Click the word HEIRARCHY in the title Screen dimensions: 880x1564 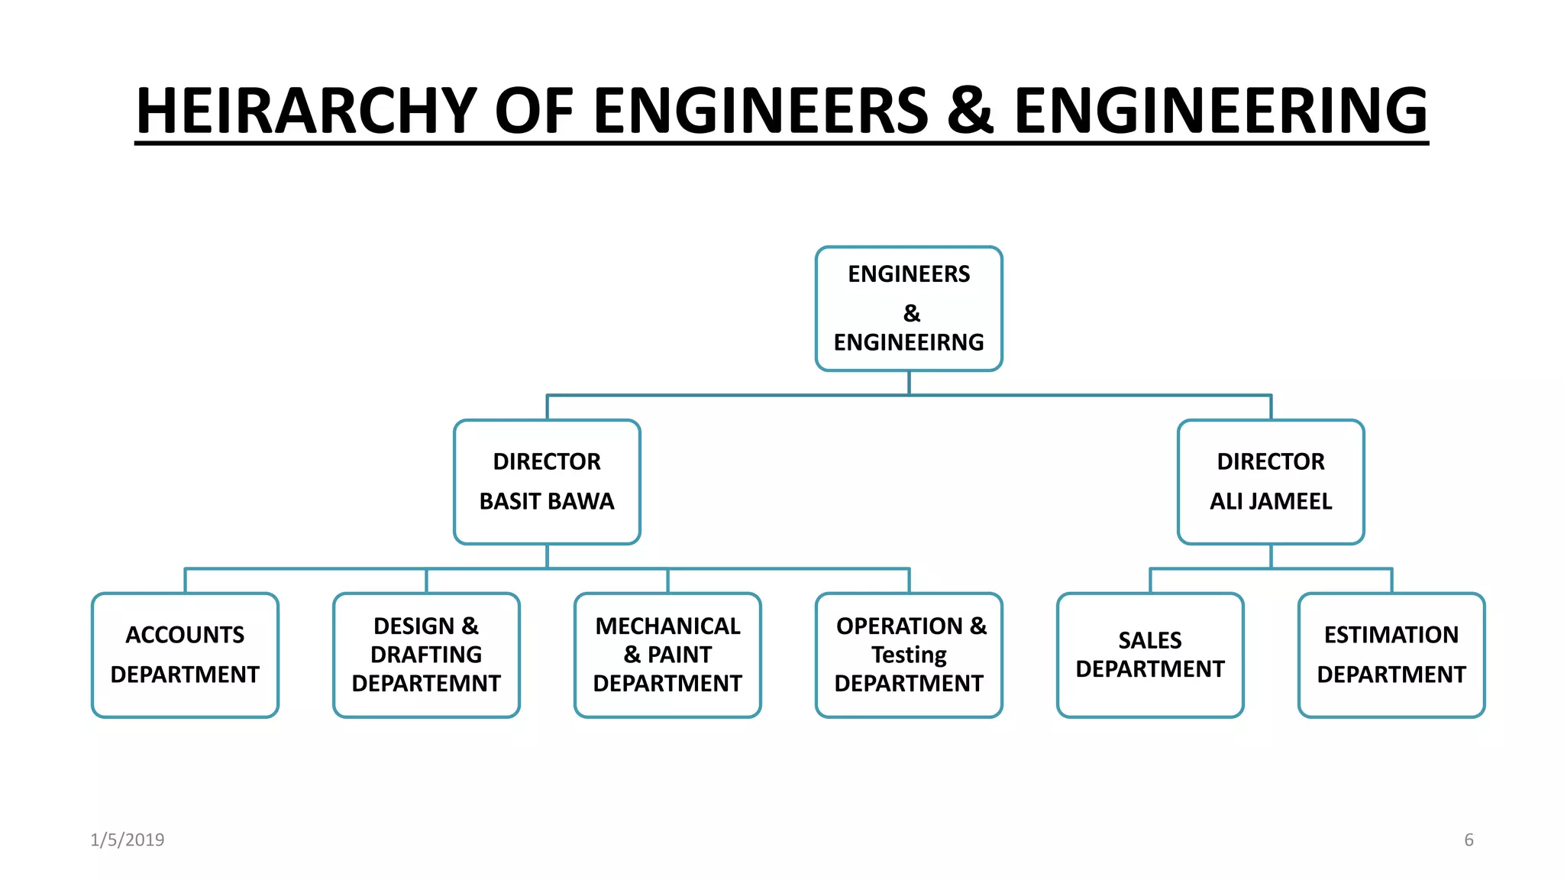click(306, 112)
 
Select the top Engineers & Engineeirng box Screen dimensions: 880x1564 click(909, 309)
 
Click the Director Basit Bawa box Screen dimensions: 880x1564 click(547, 482)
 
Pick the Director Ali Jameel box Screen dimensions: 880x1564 click(1271, 482)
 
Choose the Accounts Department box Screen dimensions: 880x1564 click(185, 655)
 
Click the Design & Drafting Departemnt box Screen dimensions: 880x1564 click(426, 655)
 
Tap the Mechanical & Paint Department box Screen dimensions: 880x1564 click(667, 655)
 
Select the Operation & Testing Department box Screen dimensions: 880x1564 click(909, 655)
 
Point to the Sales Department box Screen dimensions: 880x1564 click(1150, 655)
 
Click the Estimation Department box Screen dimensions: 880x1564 click(1391, 655)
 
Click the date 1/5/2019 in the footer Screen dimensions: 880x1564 click(128, 840)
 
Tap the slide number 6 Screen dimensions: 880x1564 click(1469, 840)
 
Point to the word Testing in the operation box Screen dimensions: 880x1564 click(909, 655)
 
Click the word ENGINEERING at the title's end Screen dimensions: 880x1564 click(1220, 112)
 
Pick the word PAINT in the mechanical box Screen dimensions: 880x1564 click(680, 655)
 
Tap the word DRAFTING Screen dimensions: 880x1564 click(426, 655)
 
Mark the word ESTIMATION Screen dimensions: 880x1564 click(1391, 636)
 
